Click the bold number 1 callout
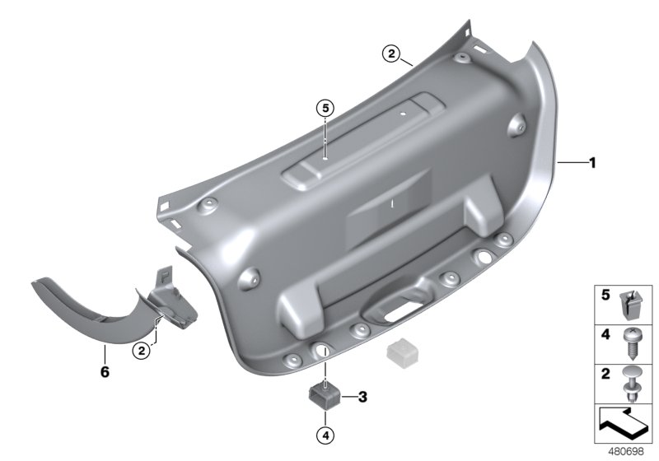(591, 163)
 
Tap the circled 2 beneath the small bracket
(143, 351)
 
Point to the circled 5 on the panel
(325, 108)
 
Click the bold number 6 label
(105, 372)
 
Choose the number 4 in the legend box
(605, 337)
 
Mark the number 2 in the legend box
(605, 375)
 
